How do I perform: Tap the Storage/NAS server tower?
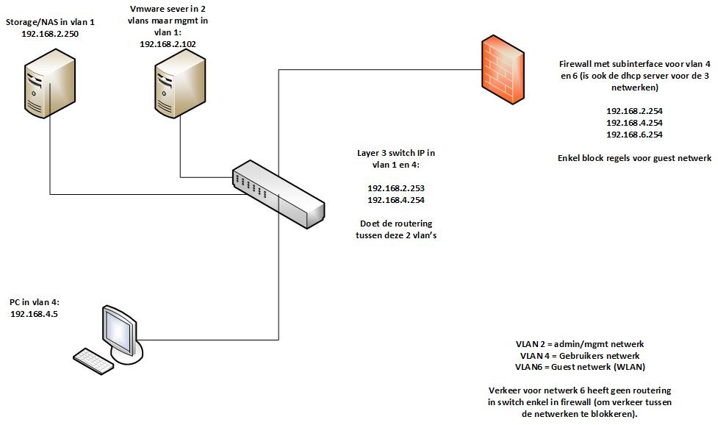(x=50, y=83)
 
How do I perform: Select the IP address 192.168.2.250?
(x=51, y=33)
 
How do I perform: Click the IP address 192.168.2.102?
(x=168, y=43)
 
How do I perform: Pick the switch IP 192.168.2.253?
(x=396, y=187)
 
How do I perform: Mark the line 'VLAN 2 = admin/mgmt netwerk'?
(x=580, y=344)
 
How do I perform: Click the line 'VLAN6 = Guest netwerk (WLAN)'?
(x=578, y=367)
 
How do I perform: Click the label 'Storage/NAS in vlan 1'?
(x=50, y=23)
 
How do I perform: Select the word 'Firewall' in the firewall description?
(x=578, y=64)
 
